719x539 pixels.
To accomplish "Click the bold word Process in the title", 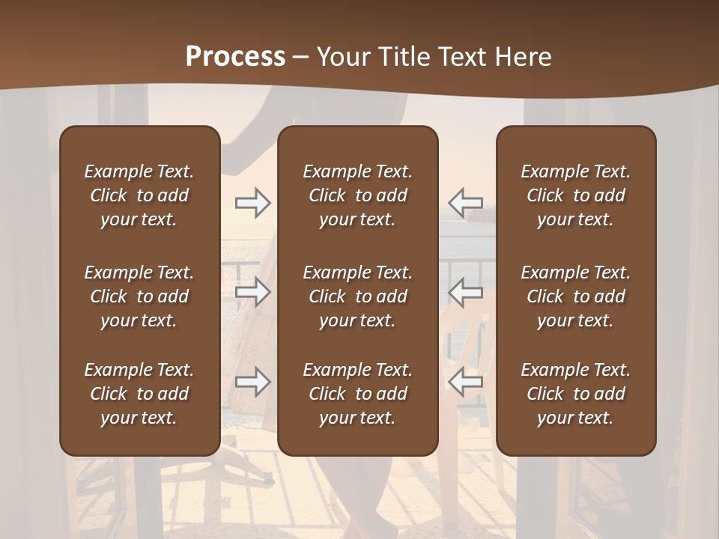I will [235, 57].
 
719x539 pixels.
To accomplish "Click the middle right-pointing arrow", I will [252, 292].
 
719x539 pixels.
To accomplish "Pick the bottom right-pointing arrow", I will [252, 382].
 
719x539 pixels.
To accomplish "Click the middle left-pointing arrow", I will [465, 292].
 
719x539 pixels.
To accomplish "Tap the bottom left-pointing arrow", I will [465, 382].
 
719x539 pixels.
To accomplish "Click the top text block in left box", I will [139, 195].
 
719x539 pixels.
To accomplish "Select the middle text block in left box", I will [139, 296].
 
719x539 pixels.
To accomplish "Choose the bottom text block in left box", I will [139, 394].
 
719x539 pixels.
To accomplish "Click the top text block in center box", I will [357, 195].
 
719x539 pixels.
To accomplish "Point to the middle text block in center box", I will [357, 296].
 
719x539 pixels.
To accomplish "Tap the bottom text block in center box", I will [357, 394].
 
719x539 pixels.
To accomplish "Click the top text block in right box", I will [575, 195].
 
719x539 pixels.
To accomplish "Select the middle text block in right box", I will [575, 296].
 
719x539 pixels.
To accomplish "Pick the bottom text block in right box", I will [575, 394].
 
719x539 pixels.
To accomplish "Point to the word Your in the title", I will [344, 57].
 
